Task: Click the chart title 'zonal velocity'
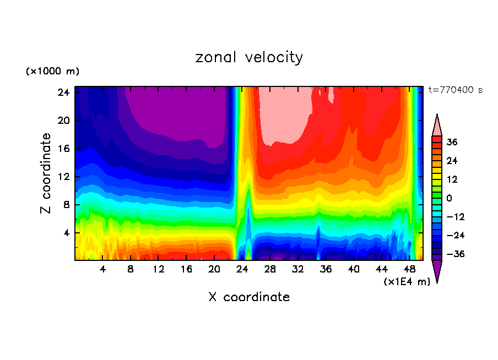(x=249, y=57)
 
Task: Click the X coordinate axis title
(x=249, y=297)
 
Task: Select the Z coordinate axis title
(x=46, y=173)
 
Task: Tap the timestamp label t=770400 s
(x=455, y=90)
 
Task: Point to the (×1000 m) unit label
(x=52, y=72)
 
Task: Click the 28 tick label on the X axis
(x=270, y=269)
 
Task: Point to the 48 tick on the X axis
(x=409, y=269)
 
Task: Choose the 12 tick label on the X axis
(x=159, y=269)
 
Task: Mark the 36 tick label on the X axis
(x=326, y=269)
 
